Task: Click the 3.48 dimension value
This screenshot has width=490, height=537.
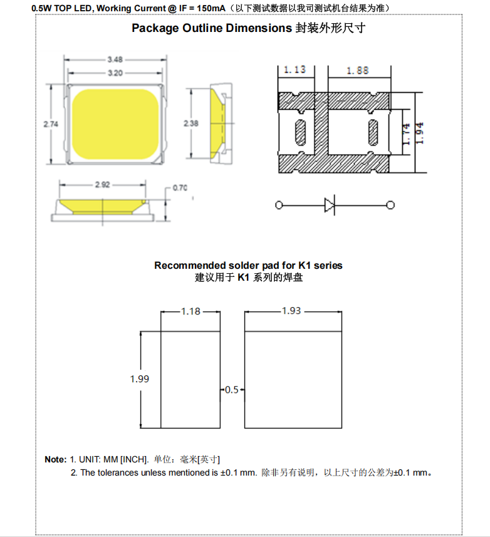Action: click(115, 60)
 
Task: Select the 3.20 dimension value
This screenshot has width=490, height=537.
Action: click(115, 73)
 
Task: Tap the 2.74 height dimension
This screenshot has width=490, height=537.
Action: click(51, 124)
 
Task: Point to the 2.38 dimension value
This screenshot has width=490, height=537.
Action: click(191, 123)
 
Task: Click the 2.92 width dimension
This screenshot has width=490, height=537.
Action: click(103, 185)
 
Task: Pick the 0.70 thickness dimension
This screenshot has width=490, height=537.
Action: click(180, 187)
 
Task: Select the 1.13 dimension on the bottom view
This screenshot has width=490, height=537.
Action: click(295, 70)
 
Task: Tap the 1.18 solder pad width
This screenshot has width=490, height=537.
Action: click(190, 311)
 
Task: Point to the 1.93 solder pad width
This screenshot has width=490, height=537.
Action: click(293, 311)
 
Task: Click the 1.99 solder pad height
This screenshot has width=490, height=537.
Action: click(140, 378)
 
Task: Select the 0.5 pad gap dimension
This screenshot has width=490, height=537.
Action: click(232, 390)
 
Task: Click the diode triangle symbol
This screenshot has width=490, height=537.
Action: click(330, 205)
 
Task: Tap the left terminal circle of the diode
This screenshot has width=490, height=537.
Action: click(279, 205)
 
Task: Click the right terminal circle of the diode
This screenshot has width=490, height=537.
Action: click(391, 205)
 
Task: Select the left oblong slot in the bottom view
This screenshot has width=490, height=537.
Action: click(298, 133)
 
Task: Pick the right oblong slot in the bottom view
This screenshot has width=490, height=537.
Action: click(373, 133)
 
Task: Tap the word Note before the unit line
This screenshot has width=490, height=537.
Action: click(55, 459)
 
